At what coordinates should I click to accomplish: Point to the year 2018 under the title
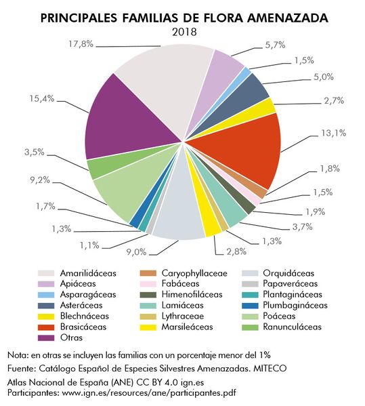click(x=182, y=31)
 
